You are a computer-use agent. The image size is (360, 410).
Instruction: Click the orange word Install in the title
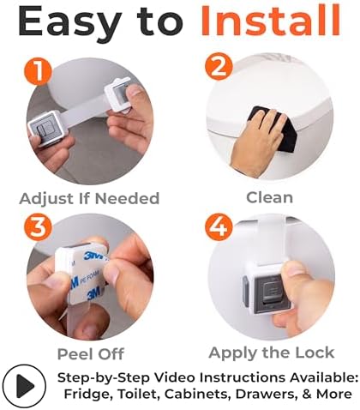[x=270, y=21]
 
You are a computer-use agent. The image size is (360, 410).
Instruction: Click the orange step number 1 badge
[x=38, y=71]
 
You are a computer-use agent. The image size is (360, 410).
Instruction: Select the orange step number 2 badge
[x=219, y=67]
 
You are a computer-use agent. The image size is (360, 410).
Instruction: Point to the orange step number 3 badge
[x=38, y=227]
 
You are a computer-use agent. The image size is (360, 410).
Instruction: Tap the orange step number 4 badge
[x=219, y=227]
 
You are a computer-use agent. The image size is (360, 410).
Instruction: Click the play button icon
[x=24, y=386]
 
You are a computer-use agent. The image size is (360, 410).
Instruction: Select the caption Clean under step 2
[x=270, y=197]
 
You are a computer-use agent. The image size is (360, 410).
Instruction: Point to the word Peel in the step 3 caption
[x=73, y=354]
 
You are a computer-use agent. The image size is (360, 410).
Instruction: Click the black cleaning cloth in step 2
[x=272, y=126]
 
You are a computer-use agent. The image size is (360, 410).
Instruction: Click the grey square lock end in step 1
[x=46, y=129]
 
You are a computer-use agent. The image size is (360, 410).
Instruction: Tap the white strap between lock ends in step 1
[x=86, y=111]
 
